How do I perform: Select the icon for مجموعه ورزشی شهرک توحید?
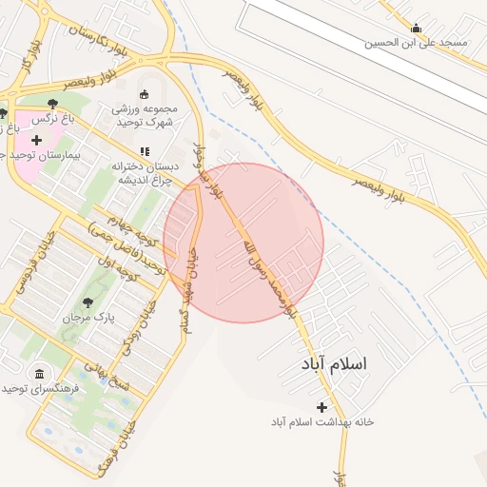pos(144,94)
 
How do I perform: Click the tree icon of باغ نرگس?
pos(51,104)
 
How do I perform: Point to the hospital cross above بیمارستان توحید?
pos(36,140)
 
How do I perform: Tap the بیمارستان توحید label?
pos(38,154)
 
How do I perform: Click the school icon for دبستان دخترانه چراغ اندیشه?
pos(144,151)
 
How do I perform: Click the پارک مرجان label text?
pos(88,317)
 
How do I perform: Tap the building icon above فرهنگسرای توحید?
pos(39,373)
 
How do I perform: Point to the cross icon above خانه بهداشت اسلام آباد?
pos(321,406)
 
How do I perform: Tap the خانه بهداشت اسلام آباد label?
pos(321,420)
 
